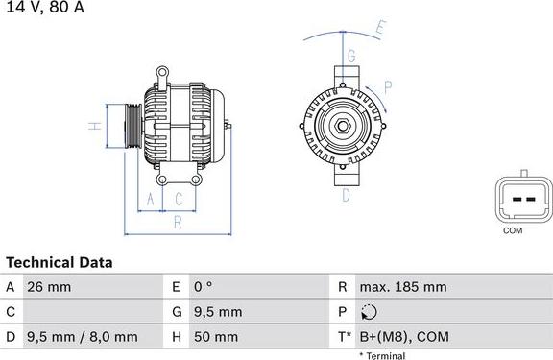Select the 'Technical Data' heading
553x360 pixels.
click(x=60, y=262)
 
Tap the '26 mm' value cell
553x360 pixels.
click(x=51, y=287)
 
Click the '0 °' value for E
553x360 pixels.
click(x=204, y=287)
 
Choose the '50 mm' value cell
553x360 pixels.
click(x=216, y=337)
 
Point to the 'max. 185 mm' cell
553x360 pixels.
click(x=402, y=287)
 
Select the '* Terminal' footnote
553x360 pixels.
click(x=382, y=356)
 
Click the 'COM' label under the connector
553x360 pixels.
click(x=514, y=231)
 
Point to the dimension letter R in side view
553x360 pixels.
click(x=178, y=223)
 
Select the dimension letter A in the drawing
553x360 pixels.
click(x=149, y=199)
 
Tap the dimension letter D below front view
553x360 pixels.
click(x=346, y=195)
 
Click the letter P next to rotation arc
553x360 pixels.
click(x=387, y=86)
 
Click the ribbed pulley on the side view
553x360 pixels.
click(x=132, y=125)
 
